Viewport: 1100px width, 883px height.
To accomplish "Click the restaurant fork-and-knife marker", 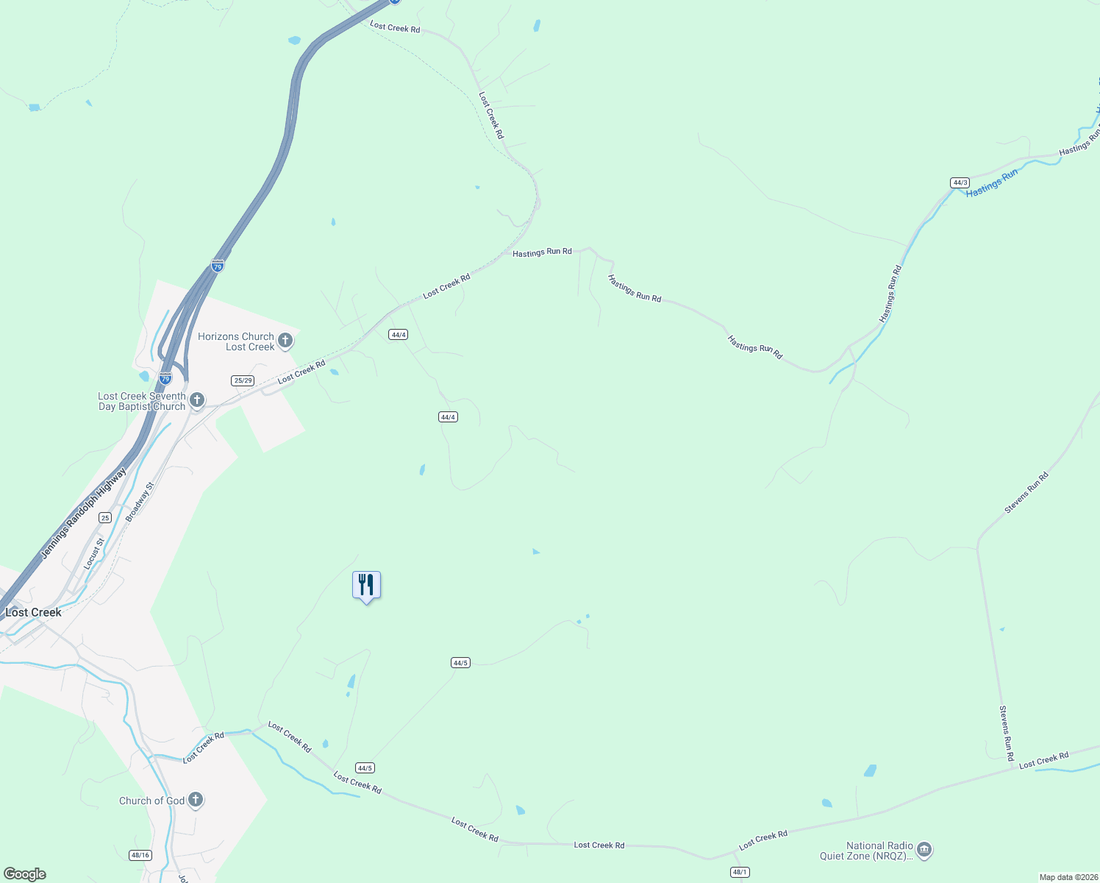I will pyautogui.click(x=366, y=586).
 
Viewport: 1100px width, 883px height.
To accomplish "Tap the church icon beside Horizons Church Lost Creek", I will pyautogui.click(x=285, y=341).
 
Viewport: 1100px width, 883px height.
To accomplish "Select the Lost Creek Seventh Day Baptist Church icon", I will pyautogui.click(x=196, y=400).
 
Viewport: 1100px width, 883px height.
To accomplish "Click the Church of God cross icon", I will pyautogui.click(x=195, y=800).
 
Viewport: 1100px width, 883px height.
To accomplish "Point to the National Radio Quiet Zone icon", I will pyautogui.click(x=924, y=851).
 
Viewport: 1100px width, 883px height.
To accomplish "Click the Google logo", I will pyautogui.click(x=25, y=874).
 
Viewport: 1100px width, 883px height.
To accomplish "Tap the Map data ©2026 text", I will pyautogui.click(x=1068, y=877).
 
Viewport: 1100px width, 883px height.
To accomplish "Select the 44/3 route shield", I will pyautogui.click(x=960, y=182).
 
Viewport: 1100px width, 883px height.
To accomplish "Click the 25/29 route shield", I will pyautogui.click(x=243, y=380).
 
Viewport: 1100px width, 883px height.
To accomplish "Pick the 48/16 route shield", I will pyautogui.click(x=140, y=855).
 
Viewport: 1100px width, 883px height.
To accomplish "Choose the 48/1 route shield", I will pyautogui.click(x=740, y=872).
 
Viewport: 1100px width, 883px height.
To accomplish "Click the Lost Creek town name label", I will pyautogui.click(x=34, y=612).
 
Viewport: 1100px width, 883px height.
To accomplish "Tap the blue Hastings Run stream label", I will pyautogui.click(x=992, y=183).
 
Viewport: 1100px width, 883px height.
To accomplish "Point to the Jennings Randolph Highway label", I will pyautogui.click(x=83, y=514).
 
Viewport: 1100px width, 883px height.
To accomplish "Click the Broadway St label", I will pyautogui.click(x=140, y=502).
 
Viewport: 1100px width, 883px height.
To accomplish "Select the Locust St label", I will pyautogui.click(x=94, y=553).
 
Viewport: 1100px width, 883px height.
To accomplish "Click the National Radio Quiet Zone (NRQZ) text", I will pyautogui.click(x=867, y=851).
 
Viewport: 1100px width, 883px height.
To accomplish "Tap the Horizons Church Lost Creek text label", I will pyautogui.click(x=236, y=341).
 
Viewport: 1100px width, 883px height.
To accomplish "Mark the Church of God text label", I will pyautogui.click(x=152, y=801).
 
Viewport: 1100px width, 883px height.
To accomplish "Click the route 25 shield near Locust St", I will pyautogui.click(x=105, y=518).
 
